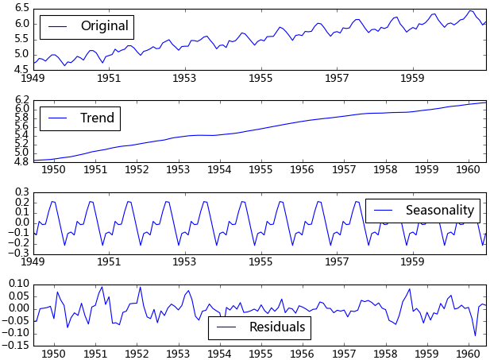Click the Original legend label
point(104,26)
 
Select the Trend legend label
point(98,118)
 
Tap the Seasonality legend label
point(439,211)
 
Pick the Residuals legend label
point(277,327)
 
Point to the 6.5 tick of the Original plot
point(21,7)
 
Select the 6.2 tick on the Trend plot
point(21,99)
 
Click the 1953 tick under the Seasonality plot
point(185,261)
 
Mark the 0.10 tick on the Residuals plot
point(17,283)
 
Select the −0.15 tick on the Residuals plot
point(15,345)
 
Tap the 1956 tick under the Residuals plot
point(303,353)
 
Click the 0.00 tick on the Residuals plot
point(17,308)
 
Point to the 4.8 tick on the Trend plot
point(21,161)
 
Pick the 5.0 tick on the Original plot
point(21,54)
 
